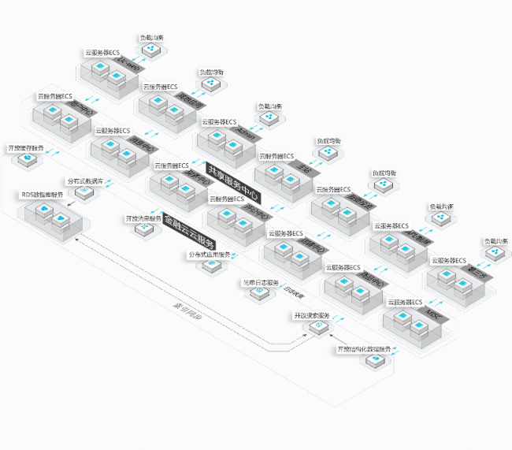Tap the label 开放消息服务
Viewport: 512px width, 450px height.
pyautogui.click(x=143, y=218)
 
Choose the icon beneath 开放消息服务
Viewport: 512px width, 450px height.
pyautogui.click(x=143, y=229)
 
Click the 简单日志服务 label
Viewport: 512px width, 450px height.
pyautogui.click(x=260, y=281)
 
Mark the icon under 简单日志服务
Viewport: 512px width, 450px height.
pyautogui.click(x=258, y=293)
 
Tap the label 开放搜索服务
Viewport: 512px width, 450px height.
pyautogui.click(x=311, y=314)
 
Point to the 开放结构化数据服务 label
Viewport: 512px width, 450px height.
pyautogui.click(x=364, y=348)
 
